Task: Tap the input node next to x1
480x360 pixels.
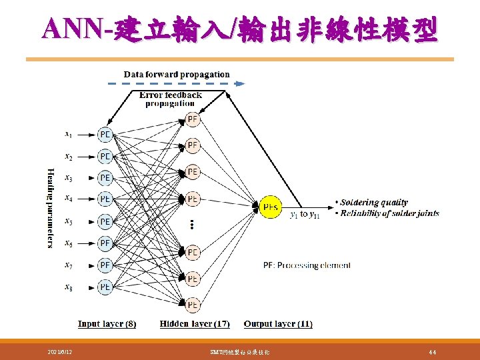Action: (105, 135)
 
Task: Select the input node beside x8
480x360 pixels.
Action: (105, 287)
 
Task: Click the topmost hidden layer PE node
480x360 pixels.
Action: (192, 120)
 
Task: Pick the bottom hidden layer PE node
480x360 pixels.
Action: (192, 304)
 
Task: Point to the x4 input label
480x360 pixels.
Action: (69, 198)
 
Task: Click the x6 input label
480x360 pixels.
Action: (69, 243)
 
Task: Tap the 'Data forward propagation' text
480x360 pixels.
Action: (177, 75)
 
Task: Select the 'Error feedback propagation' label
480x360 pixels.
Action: (170, 99)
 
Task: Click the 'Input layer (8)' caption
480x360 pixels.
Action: (107, 324)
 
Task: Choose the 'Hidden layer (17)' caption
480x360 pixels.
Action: (195, 324)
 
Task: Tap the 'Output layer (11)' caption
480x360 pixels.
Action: (278, 324)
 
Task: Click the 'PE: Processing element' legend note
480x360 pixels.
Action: (307, 265)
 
